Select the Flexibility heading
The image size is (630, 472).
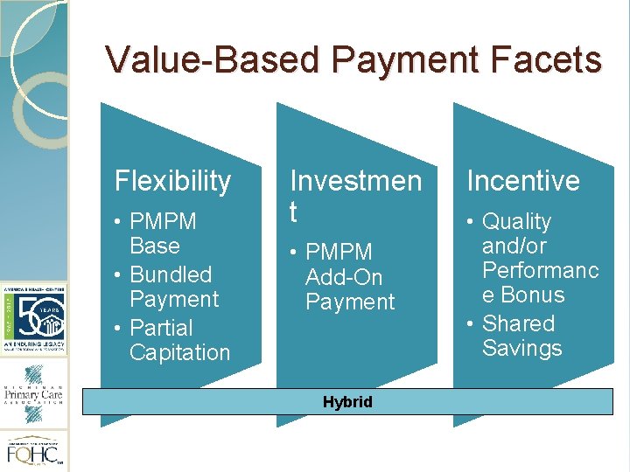pos(173,181)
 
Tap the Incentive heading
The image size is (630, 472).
pos(523,181)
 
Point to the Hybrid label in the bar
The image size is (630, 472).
pos(347,402)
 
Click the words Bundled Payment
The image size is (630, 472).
pos(171,287)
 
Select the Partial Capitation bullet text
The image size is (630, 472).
pos(178,340)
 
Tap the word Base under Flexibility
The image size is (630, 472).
pos(154,246)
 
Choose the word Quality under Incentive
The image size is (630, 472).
pos(517,222)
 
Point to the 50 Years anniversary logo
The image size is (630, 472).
pos(34,311)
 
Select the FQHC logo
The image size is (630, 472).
pos(34,451)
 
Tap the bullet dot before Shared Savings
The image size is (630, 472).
pos(471,324)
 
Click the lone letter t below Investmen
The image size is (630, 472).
pos(295,212)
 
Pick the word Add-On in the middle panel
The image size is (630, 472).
pos(343,277)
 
